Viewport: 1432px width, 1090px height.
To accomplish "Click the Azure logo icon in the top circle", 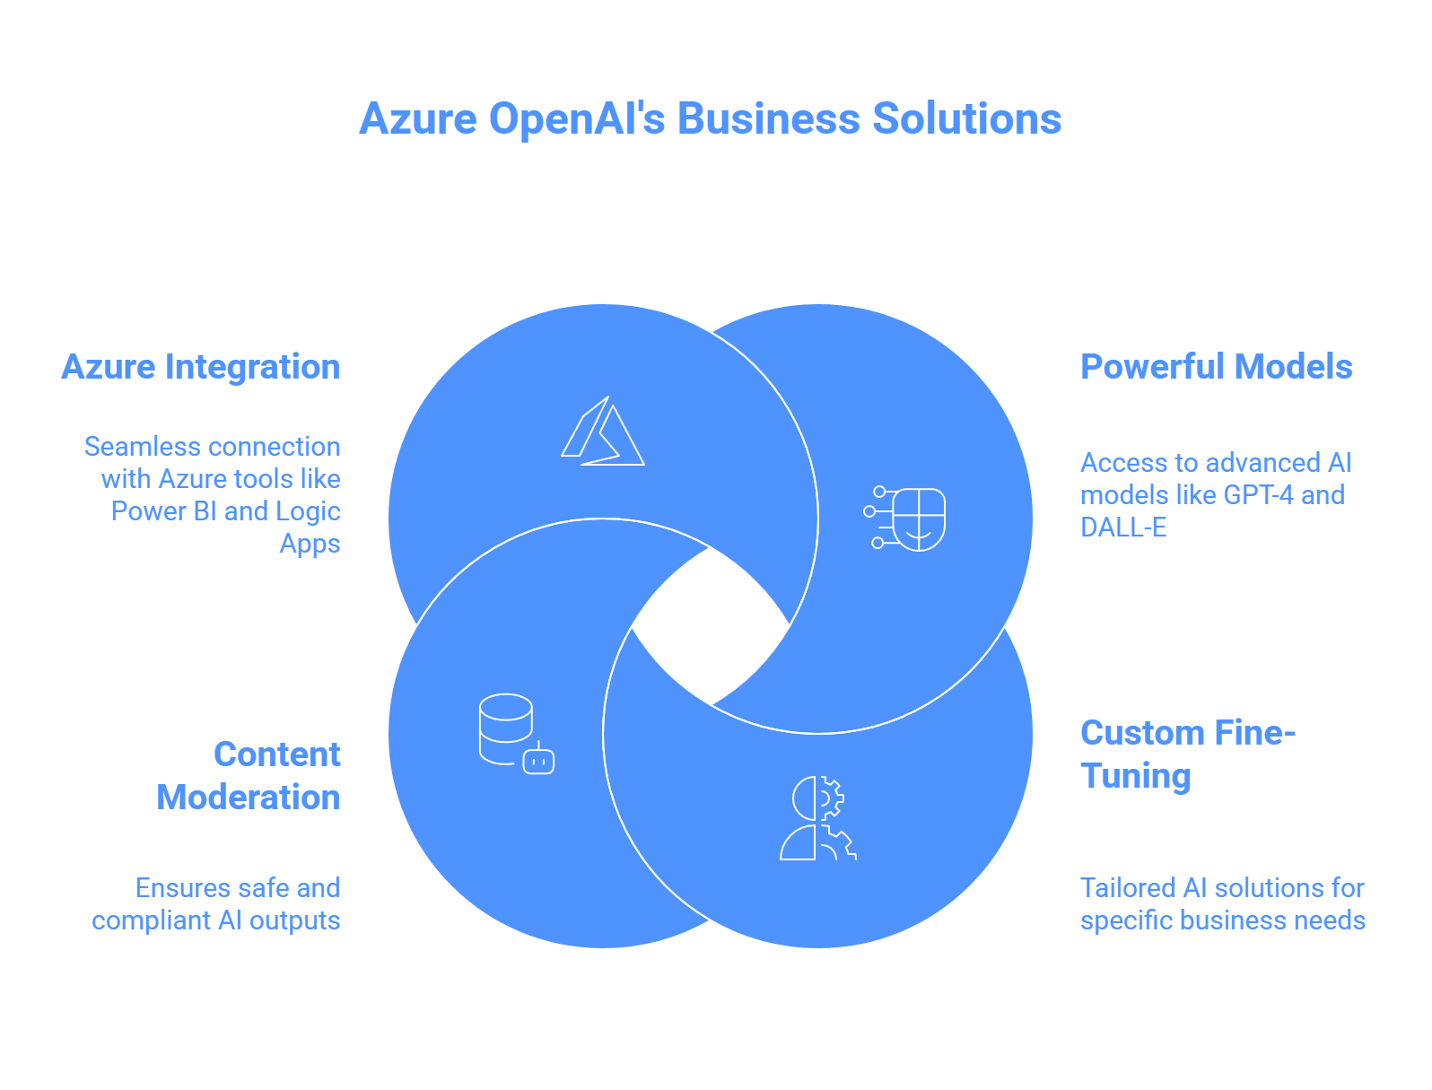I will pos(603,432).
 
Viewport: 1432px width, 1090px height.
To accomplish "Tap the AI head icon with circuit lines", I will pos(906,519).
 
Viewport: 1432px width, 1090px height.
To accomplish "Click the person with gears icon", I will pos(817,818).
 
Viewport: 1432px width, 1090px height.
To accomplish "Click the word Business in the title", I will pos(767,119).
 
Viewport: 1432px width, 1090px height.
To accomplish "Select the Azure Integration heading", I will pos(201,367).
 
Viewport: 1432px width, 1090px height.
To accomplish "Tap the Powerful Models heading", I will pos(1216,367).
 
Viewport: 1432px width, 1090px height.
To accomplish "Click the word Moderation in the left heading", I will pos(249,798).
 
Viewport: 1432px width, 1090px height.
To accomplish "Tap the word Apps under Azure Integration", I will pos(310,545).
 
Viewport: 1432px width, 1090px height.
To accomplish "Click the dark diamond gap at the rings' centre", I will pos(711,626).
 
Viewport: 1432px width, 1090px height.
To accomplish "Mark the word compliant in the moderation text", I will pos(150,920).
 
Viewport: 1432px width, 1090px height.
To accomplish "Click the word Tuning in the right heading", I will pos(1135,776).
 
